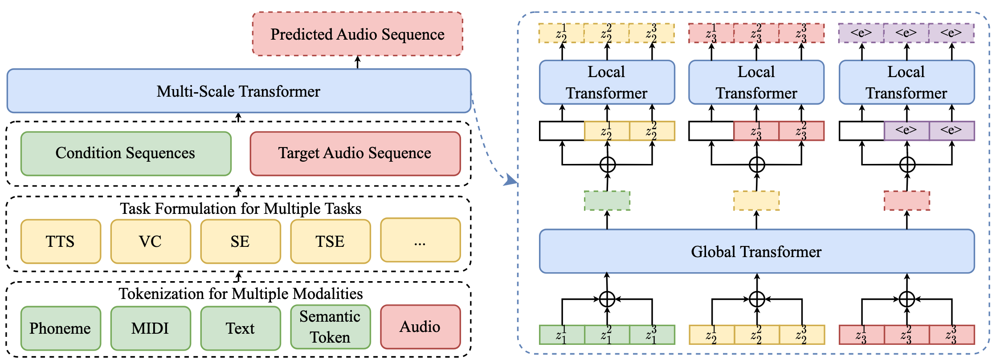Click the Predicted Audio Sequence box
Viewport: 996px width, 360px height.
(x=357, y=34)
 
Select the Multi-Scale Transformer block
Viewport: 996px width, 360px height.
(x=239, y=91)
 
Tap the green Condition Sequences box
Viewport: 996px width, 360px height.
(x=126, y=153)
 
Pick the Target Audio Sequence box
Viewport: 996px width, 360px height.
(x=355, y=153)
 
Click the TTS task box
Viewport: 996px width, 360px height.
(x=61, y=241)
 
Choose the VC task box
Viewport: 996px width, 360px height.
(x=151, y=241)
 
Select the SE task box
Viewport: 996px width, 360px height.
(x=241, y=241)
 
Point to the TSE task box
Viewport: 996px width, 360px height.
(x=331, y=241)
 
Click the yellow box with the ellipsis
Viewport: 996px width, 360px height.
(x=420, y=241)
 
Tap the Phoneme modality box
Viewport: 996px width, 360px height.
(x=61, y=328)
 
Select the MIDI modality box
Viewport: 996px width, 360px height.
(x=151, y=328)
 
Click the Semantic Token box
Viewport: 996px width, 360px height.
(x=331, y=327)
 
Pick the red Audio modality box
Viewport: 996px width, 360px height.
(x=420, y=327)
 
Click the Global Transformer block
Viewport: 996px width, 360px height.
(x=756, y=252)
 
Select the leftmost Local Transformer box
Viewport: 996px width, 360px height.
(x=607, y=82)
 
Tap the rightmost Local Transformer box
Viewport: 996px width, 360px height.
(x=906, y=82)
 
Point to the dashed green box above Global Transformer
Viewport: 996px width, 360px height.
(x=607, y=200)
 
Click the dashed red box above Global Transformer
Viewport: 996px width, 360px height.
(x=906, y=200)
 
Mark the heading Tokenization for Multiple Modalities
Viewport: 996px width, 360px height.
(x=241, y=294)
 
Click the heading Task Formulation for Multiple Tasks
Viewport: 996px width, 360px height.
(x=241, y=209)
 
